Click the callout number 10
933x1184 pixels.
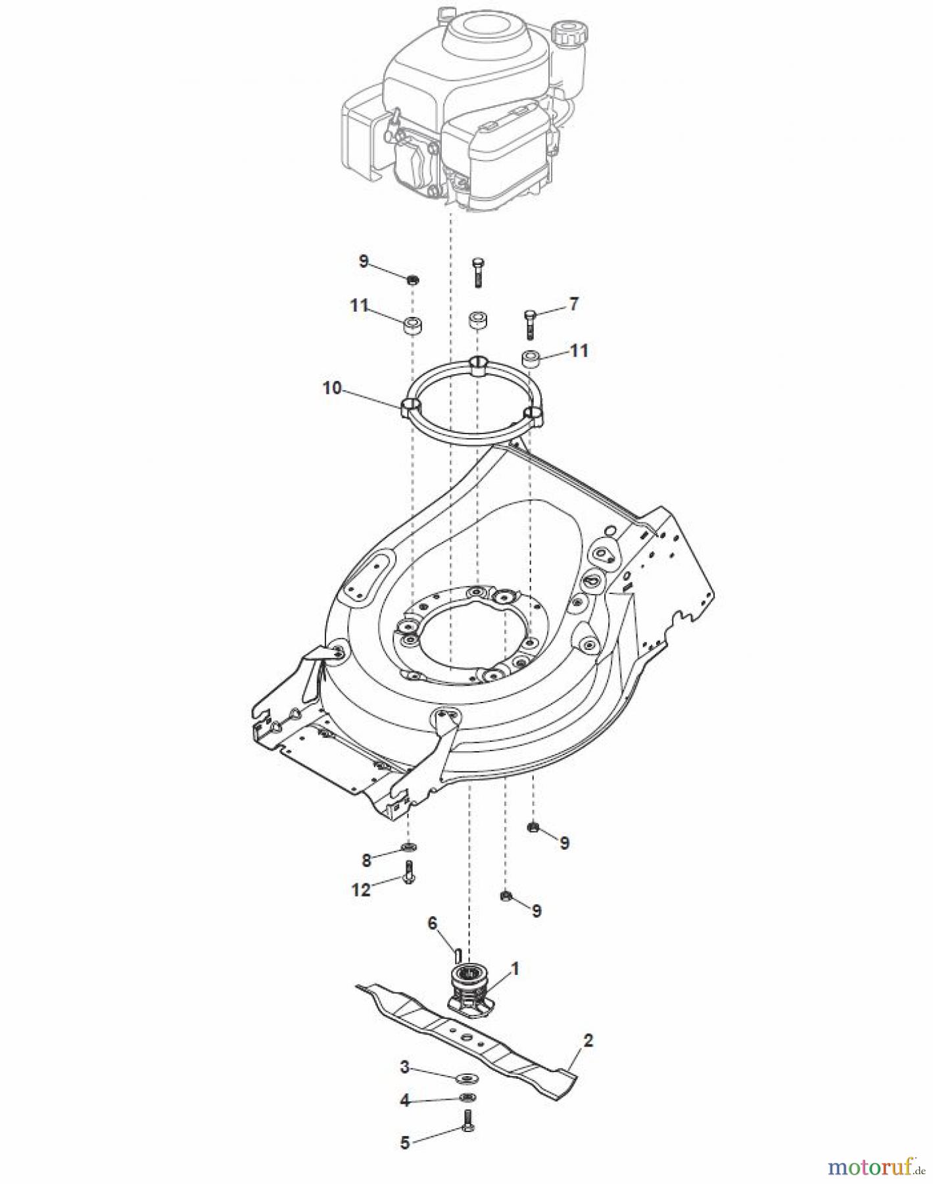tap(332, 388)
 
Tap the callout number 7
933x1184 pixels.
tap(573, 304)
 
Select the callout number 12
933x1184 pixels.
tap(361, 889)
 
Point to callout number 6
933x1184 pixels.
tap(432, 924)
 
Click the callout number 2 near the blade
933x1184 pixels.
tap(588, 1040)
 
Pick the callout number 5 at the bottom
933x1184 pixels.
tap(405, 1143)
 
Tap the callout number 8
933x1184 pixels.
tap(366, 859)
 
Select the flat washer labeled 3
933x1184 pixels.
tap(467, 1078)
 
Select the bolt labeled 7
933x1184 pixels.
tap(530, 324)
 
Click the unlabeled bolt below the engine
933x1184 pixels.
tap(477, 272)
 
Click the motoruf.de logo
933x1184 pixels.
tap(874, 1167)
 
